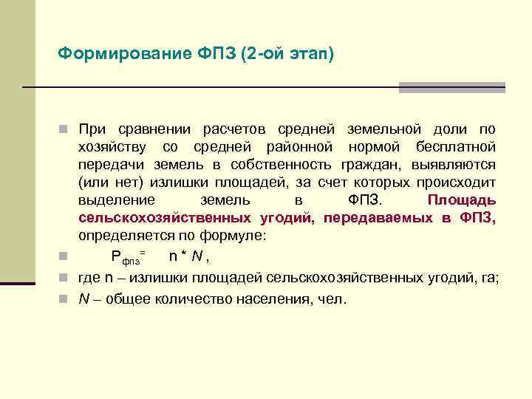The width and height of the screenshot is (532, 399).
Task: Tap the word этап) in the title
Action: pos(312,53)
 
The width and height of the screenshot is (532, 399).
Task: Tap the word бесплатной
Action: pos(456,148)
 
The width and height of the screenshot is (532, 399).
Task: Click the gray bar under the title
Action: pos(451,87)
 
